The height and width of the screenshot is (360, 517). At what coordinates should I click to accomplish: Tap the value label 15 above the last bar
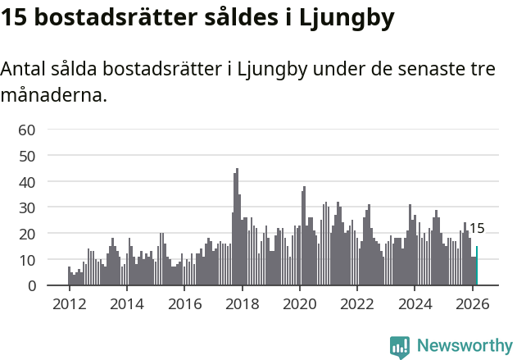point(476,229)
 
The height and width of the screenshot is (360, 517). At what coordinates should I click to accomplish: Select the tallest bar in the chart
point(237,227)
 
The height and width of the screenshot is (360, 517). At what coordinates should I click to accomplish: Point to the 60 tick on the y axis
point(27,130)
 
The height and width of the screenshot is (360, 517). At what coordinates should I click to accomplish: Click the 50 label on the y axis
point(27,156)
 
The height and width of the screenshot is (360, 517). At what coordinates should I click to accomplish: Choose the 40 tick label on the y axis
point(27,181)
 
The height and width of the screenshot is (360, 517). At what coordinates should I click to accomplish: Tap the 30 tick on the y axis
point(27,207)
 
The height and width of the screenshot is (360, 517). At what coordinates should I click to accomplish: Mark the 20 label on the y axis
point(27,234)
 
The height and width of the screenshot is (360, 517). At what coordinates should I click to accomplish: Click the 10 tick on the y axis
point(27,260)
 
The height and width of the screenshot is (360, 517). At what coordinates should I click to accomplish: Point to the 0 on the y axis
point(31,286)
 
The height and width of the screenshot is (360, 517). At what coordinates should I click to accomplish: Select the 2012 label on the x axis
point(69,304)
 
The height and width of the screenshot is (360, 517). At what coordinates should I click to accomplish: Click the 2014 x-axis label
point(126,304)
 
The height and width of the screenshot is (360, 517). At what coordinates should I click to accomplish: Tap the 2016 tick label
point(184,304)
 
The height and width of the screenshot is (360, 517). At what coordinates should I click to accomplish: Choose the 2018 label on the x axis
point(242,304)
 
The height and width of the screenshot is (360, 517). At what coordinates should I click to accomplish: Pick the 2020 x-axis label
point(299,304)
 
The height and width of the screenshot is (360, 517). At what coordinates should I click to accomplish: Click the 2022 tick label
point(357,304)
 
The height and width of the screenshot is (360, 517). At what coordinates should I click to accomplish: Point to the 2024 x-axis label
point(415,304)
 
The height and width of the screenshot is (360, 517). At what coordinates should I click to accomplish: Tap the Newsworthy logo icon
point(400,347)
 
